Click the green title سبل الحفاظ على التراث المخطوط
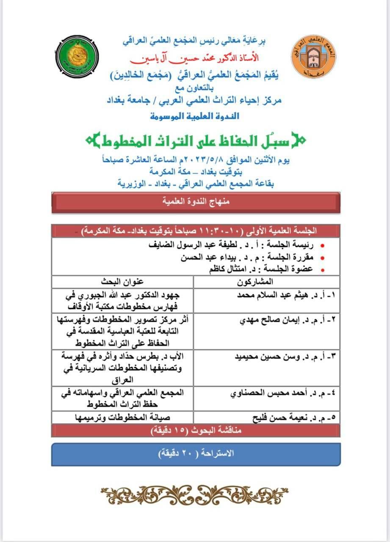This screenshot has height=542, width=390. tap(195, 140)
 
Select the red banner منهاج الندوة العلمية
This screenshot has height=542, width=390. tap(195, 202)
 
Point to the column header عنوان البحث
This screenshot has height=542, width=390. tap(122, 281)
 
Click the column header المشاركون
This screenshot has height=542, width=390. tap(266, 281)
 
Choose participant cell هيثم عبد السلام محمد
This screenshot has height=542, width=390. tap(288, 295)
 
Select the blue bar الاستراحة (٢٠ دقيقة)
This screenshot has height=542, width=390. tap(195, 454)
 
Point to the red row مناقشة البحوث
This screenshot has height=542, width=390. tap(195, 431)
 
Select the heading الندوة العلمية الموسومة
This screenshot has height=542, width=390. tap(195, 116)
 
